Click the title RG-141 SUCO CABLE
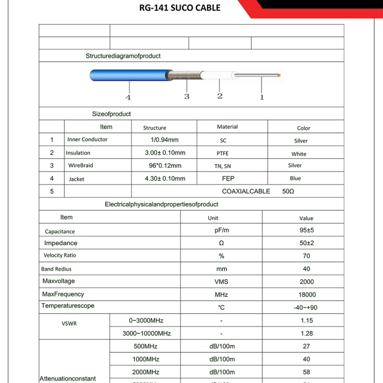180,8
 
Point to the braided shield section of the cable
185,75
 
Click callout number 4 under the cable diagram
128,98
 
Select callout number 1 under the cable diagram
262,97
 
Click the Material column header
227,127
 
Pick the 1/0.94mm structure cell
164,140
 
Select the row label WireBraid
80,165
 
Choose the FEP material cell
228,179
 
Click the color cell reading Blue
295,179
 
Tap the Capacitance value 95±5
306,230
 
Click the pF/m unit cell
222,230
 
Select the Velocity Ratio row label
60,256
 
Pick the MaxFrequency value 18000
307,295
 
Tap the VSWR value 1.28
307,334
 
